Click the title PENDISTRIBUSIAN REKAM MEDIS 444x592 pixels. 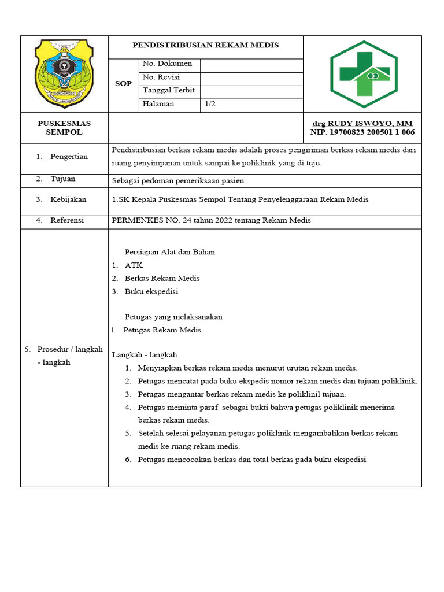(205, 45)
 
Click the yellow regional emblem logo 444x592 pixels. (64, 73)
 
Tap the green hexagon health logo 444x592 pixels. (364, 74)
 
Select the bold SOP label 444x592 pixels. (123, 84)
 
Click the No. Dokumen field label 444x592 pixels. (167, 64)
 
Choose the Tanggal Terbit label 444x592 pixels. (168, 91)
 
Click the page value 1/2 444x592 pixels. (210, 105)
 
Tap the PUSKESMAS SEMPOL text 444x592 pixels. (64, 128)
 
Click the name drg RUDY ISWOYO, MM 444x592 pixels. (362, 124)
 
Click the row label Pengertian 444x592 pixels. (69, 157)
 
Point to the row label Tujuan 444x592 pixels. (63, 179)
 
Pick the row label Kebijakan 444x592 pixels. (68, 199)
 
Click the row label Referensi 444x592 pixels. (67, 220)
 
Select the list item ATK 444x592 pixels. (134, 265)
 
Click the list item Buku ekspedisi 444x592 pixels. (151, 291)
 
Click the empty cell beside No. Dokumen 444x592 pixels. (251, 65)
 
